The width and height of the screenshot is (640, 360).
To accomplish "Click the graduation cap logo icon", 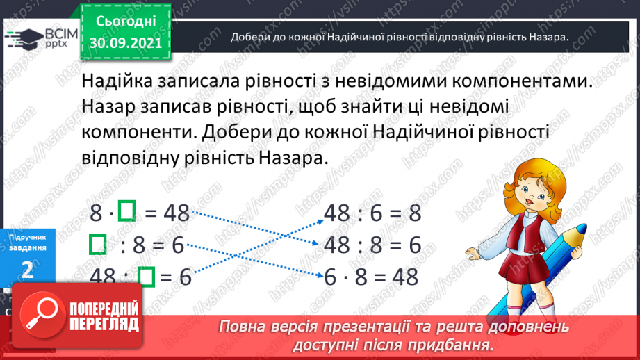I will tap(22, 37).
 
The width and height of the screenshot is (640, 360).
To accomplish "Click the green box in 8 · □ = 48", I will tap(126, 212).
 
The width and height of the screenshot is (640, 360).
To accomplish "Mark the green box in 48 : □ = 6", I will tap(145, 277).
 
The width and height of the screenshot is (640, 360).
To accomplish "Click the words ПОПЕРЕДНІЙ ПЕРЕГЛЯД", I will tap(104, 317).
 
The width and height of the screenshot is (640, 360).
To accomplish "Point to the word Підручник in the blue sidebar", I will tap(28, 238).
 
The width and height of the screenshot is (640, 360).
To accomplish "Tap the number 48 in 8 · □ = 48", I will tap(177, 213).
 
